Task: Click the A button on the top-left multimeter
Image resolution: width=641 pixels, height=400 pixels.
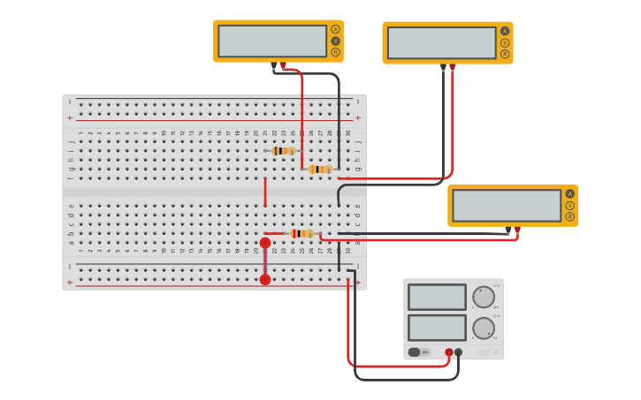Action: click(335, 29)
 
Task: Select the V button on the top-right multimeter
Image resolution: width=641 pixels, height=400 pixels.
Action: click(505, 42)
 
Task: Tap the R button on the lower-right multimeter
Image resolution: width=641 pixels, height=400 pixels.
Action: click(570, 216)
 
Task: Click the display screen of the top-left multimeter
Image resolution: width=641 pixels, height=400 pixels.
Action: click(272, 41)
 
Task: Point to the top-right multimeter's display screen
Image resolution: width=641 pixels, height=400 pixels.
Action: click(442, 42)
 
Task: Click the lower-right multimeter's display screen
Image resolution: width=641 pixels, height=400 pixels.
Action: click(507, 205)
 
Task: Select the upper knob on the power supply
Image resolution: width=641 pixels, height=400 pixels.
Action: click(484, 297)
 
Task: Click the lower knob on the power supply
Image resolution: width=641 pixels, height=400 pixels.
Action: click(484, 328)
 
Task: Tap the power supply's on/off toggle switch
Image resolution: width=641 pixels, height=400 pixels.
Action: click(414, 352)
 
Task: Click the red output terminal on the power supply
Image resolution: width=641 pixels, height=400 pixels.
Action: click(449, 352)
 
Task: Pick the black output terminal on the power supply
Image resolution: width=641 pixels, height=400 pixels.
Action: click(458, 352)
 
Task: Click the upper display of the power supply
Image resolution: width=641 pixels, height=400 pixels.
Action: click(437, 297)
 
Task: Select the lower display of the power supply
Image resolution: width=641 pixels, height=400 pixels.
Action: click(437, 328)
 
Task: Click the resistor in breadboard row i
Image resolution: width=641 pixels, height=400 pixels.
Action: click(283, 151)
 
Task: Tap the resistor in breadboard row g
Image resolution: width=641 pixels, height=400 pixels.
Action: click(320, 169)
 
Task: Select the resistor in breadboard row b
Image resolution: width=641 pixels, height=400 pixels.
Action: click(301, 234)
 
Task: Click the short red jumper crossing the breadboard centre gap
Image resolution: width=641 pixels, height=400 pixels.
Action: click(264, 192)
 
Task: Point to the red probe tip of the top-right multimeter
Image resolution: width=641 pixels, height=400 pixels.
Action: click(453, 67)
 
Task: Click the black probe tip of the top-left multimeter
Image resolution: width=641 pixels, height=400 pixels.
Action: click(273, 65)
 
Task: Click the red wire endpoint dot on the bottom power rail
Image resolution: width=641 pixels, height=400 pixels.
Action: click(265, 280)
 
